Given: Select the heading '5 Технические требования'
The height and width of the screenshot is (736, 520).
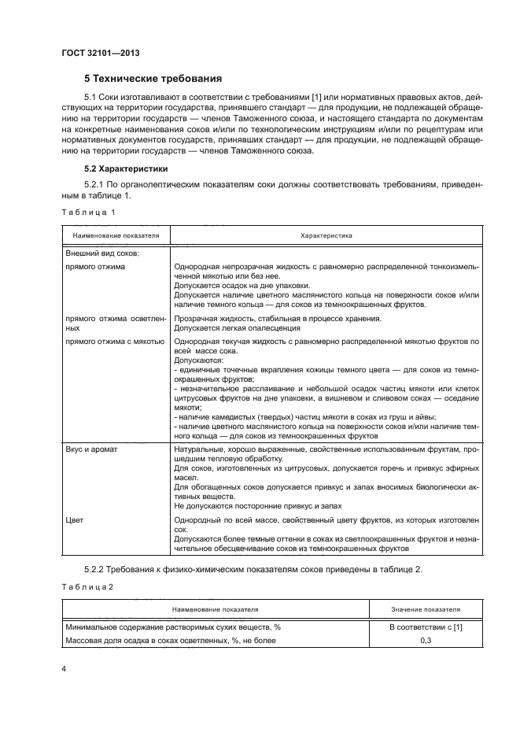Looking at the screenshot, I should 153,79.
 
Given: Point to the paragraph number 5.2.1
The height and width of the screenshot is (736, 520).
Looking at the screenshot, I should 96,184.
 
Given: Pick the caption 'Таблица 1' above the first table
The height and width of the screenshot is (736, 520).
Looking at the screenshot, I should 88,213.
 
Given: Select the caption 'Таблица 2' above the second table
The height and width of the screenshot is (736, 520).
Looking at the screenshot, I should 87,586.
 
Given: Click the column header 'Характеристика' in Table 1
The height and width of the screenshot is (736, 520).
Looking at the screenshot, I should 326,235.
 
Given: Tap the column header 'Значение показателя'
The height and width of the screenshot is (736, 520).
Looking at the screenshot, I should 426,609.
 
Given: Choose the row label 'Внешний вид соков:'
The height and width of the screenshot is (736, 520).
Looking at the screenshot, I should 102,253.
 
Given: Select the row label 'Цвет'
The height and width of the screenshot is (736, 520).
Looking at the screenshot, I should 75,520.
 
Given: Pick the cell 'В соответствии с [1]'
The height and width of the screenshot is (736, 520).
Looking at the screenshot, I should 426,627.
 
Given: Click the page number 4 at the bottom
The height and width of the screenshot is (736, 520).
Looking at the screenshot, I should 64,668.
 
